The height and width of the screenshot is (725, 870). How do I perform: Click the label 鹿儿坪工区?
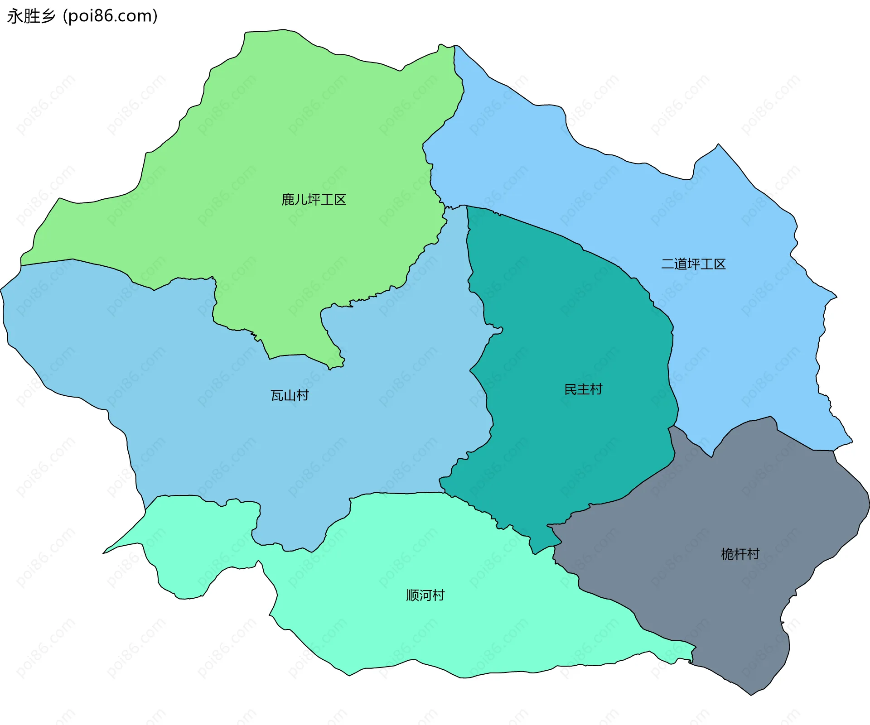click(314, 200)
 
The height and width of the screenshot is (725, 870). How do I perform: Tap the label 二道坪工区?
click(693, 264)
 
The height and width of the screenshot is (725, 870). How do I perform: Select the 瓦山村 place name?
click(290, 395)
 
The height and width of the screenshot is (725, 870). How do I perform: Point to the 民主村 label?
click(583, 389)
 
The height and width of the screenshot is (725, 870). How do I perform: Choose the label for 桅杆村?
click(740, 554)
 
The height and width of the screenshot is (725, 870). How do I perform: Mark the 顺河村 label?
click(425, 595)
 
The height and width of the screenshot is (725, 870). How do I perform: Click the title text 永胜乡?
click(31, 16)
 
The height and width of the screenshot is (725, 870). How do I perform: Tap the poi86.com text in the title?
click(110, 16)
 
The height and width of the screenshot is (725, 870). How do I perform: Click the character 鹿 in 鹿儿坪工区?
click(288, 200)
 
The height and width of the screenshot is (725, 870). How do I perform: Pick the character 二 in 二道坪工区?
click(668, 264)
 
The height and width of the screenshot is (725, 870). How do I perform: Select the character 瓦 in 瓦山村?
click(277, 395)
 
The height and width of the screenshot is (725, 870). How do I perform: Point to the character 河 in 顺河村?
click(425, 595)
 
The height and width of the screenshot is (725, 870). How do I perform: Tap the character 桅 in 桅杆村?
click(727, 554)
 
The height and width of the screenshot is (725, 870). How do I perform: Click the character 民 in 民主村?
click(570, 389)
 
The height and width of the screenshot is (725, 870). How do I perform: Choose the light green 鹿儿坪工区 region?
click(295, 136)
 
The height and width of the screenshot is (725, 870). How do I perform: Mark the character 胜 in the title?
click(31, 16)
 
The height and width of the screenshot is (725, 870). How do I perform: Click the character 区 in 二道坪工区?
click(720, 264)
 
